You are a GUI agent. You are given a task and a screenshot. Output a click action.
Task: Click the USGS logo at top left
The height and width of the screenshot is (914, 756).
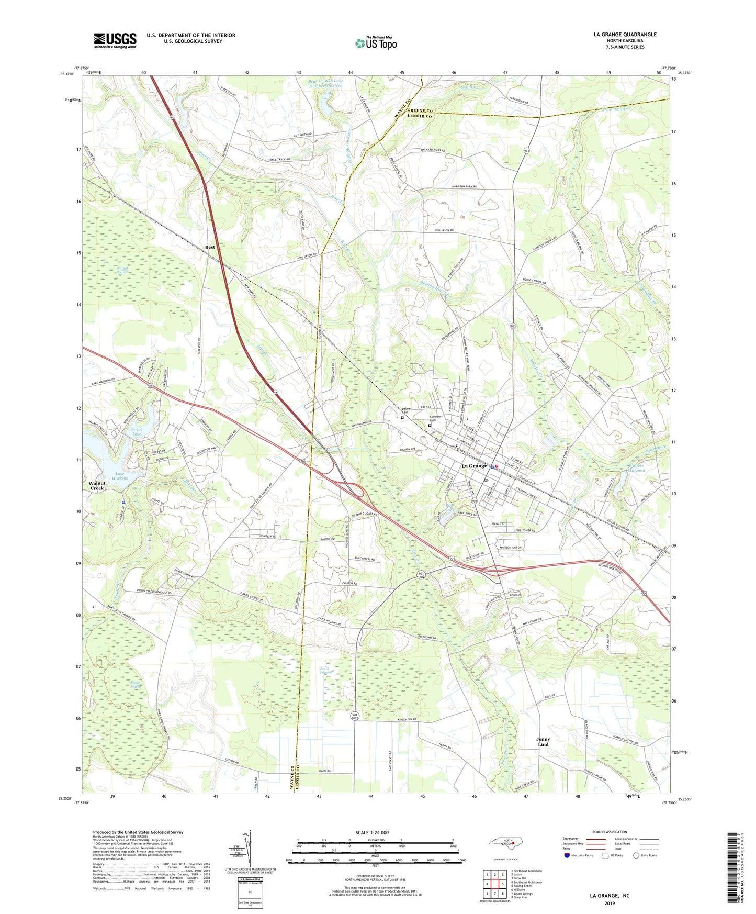coord(115,40)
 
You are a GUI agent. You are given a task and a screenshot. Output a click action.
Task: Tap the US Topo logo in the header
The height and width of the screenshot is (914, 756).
coord(376,43)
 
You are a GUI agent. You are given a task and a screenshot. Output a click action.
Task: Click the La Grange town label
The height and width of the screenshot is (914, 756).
coord(473,466)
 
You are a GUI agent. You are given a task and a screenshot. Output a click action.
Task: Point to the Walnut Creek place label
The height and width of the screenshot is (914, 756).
coord(97,485)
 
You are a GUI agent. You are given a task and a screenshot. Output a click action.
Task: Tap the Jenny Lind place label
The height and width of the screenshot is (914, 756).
coord(543,742)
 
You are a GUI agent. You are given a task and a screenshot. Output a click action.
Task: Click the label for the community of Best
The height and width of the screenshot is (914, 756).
coord(210,247)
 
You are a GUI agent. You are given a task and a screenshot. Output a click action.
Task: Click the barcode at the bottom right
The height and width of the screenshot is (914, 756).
coord(734,869)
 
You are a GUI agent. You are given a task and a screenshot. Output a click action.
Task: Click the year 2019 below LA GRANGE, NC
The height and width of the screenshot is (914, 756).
coord(610,903)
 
